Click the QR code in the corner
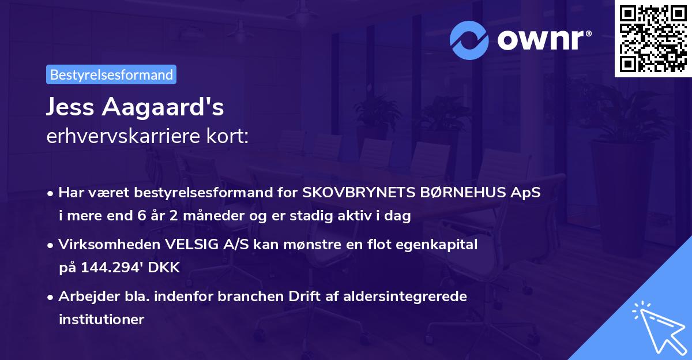[653, 39]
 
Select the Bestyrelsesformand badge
[111, 74]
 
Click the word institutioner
[101, 319]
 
